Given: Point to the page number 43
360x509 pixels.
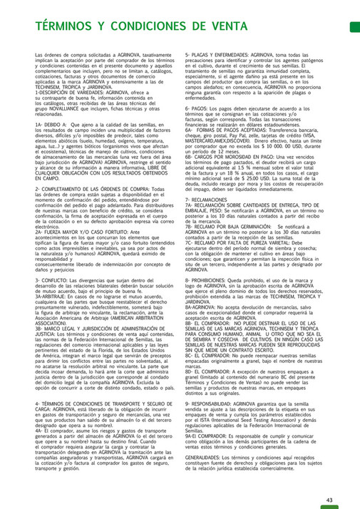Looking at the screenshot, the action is pos(329,480).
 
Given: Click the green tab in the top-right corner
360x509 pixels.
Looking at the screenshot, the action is pos(354,26).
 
